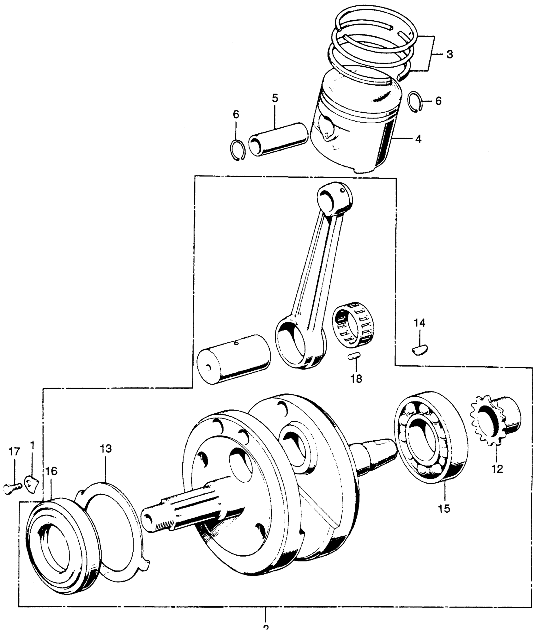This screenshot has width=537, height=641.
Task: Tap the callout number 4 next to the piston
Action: (418, 139)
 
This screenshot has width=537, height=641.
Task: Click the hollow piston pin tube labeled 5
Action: (278, 140)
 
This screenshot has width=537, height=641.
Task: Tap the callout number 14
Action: (420, 323)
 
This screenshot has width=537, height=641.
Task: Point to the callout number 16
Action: (51, 471)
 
